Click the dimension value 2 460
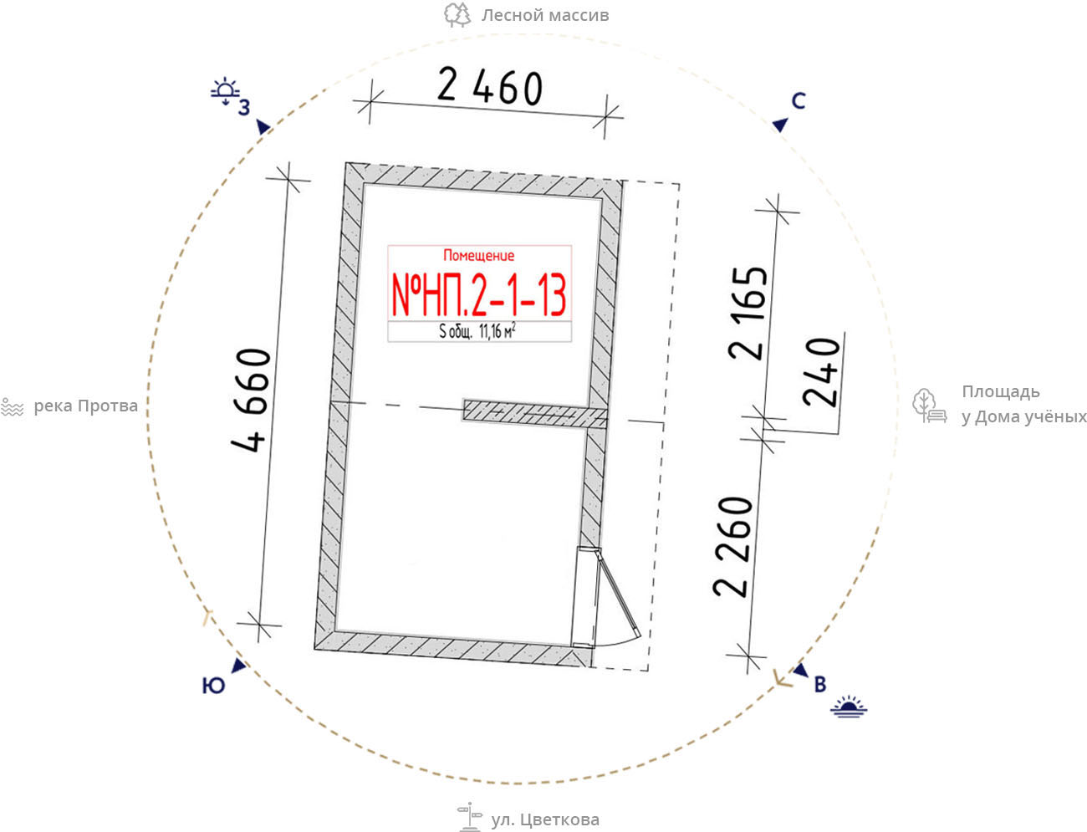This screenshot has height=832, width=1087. point(490,87)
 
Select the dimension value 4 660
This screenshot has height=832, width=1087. point(251,401)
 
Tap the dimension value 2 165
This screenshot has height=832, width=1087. point(748,313)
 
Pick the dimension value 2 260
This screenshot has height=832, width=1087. point(733,547)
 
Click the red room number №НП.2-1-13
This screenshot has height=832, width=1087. point(479,296)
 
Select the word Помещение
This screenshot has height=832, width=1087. point(478,256)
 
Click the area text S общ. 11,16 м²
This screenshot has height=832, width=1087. point(477,331)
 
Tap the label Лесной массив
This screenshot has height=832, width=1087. point(545,15)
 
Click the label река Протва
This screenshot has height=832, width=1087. point(85,406)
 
